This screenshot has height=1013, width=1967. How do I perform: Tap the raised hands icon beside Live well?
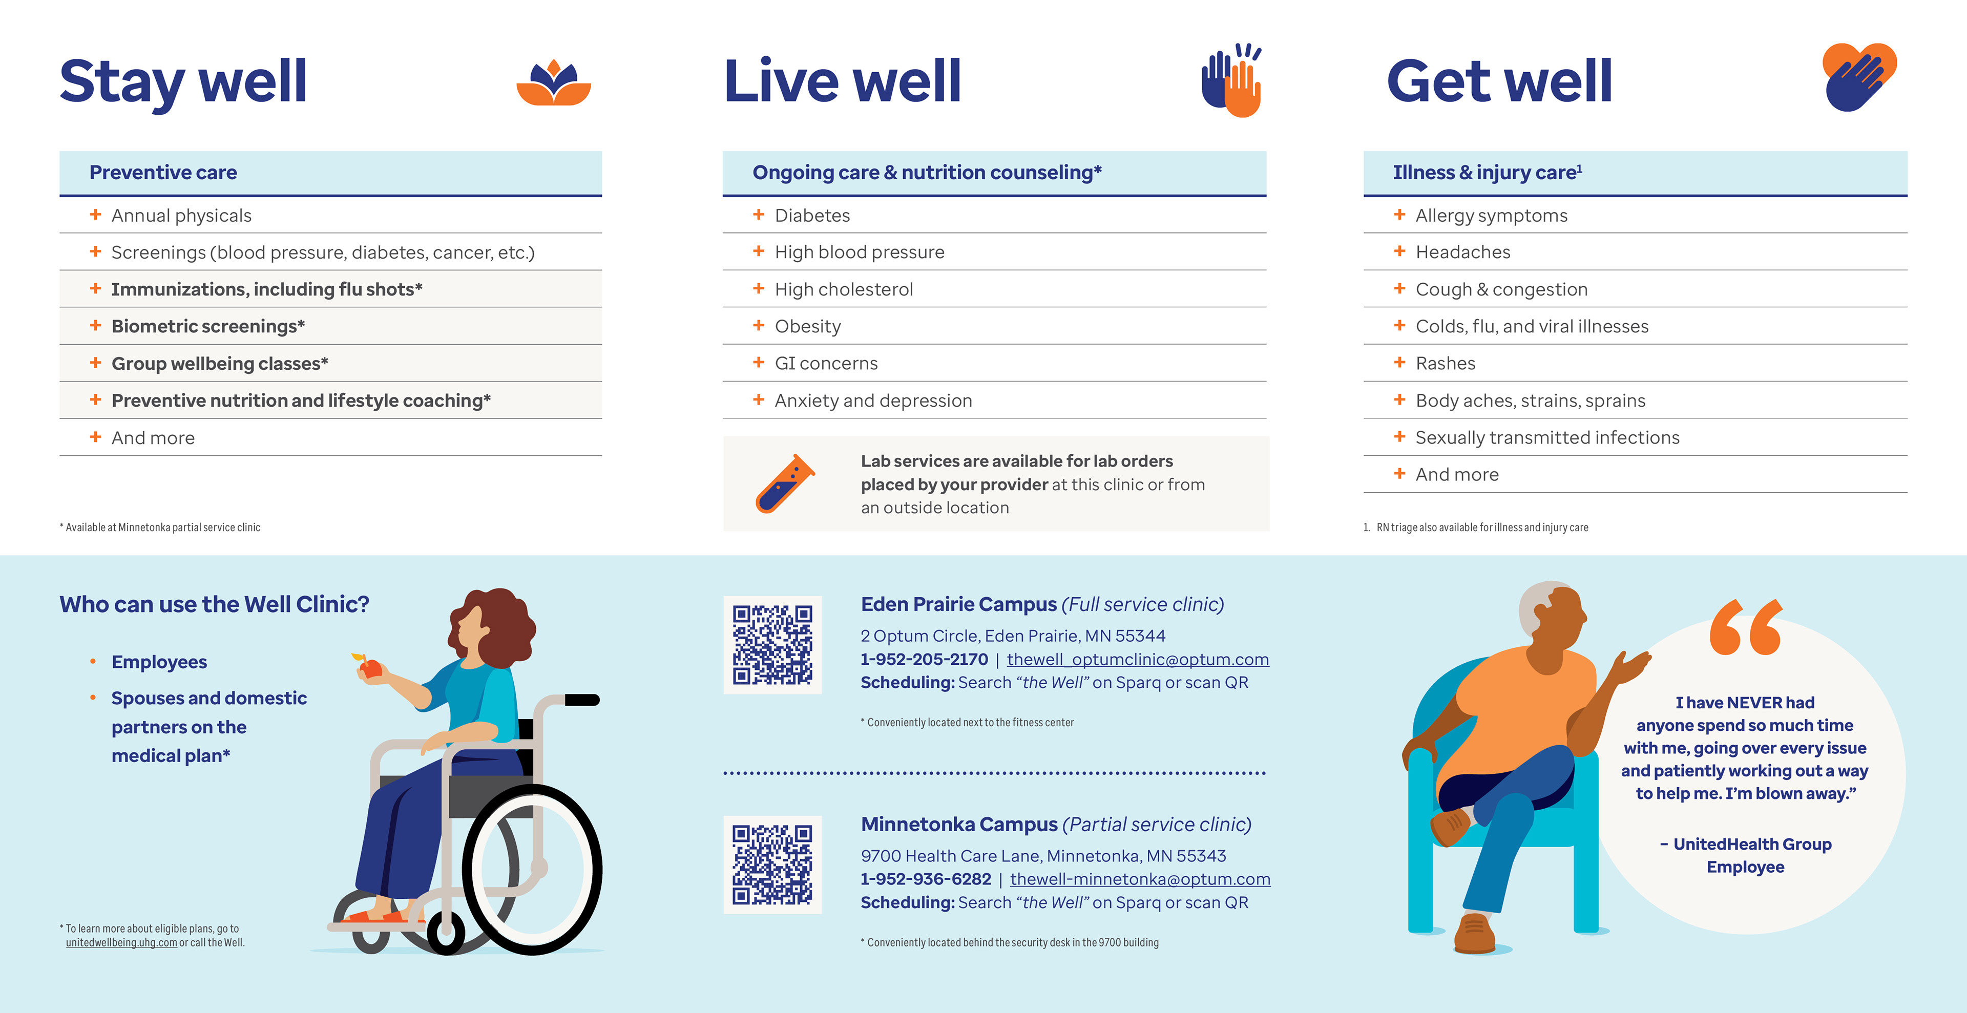point(1231,80)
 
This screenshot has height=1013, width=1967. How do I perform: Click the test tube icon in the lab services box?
point(785,484)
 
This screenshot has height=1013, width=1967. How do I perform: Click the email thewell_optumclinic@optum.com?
point(1138,660)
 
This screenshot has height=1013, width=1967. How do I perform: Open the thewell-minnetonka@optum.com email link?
point(1140,879)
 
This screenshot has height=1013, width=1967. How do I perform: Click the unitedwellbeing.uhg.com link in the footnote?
point(121,943)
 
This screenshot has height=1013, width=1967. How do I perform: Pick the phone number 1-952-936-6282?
point(926,879)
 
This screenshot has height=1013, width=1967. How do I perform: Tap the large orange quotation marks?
point(1746,627)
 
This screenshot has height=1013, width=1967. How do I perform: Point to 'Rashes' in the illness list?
point(1446,364)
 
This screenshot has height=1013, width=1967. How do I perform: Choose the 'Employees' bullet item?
point(159,662)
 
